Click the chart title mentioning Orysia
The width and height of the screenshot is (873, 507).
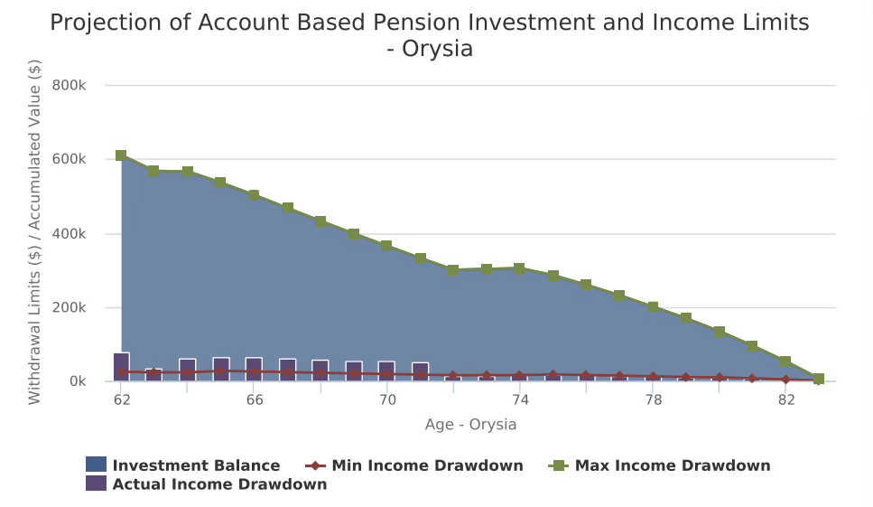[x=430, y=35]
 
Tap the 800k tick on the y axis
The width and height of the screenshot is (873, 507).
[x=70, y=85]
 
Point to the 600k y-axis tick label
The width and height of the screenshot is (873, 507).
[x=70, y=159]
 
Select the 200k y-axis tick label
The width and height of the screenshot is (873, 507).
[x=70, y=307]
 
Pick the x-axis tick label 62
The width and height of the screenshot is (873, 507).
[x=121, y=399]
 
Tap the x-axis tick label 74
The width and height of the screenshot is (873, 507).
[x=519, y=399]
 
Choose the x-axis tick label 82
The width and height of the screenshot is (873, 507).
[x=785, y=399]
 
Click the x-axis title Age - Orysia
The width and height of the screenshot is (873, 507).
[x=470, y=425]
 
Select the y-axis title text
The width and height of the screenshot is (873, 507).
[x=35, y=232]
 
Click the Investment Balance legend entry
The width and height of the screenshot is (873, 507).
[x=195, y=465]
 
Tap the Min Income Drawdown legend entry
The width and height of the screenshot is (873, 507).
[x=426, y=465]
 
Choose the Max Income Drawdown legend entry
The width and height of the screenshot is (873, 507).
[x=672, y=465]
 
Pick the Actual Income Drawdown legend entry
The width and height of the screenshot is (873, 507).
[x=218, y=484]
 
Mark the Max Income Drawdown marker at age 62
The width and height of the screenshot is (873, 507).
[x=121, y=155]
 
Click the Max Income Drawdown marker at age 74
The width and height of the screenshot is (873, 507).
[x=519, y=268]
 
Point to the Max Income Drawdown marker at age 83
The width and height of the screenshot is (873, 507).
[x=818, y=379]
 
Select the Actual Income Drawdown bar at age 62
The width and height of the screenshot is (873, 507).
[x=121, y=367]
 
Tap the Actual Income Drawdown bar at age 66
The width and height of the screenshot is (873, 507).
[x=254, y=369]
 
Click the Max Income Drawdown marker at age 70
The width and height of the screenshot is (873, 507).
[x=386, y=246]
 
